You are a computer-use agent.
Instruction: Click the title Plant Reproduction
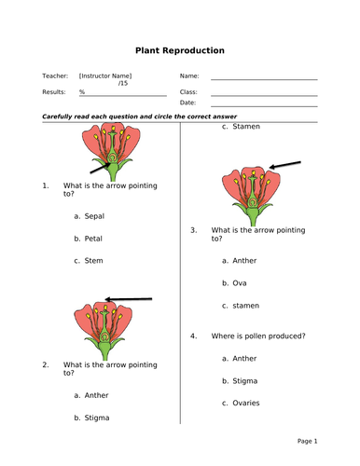(180, 50)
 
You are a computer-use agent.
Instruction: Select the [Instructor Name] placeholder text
(105, 75)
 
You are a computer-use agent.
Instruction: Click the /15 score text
(123, 84)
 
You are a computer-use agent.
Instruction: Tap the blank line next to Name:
(264, 78)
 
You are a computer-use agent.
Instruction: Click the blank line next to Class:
(264, 94)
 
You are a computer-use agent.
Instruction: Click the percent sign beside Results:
(82, 92)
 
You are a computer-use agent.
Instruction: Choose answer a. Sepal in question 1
(90, 215)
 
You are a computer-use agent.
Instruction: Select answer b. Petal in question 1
(90, 239)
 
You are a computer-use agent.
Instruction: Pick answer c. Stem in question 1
(89, 261)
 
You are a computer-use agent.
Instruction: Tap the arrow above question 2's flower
(130, 299)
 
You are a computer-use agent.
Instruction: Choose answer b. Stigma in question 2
(91, 418)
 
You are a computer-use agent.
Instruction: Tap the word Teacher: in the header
(55, 75)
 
